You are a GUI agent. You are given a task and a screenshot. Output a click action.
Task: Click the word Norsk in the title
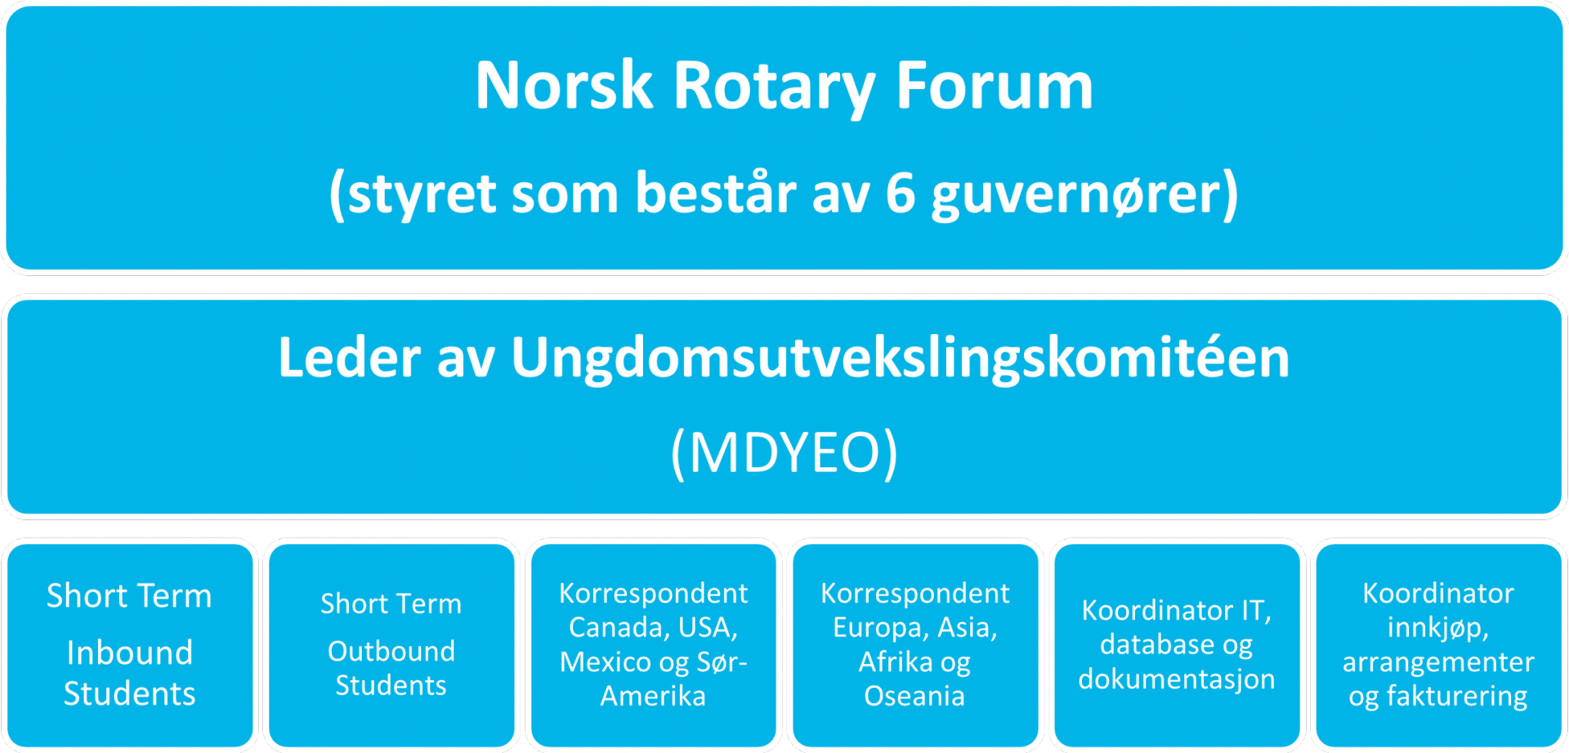pyautogui.click(x=564, y=85)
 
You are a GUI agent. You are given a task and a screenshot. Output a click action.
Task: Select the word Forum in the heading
pyautogui.click(x=995, y=85)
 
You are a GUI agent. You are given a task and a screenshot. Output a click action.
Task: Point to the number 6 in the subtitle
pyautogui.click(x=900, y=194)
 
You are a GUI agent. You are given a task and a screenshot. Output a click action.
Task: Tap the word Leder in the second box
pyautogui.click(x=349, y=357)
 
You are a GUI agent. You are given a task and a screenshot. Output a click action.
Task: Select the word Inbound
pyautogui.click(x=130, y=653)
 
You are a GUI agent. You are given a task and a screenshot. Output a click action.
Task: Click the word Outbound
pyautogui.click(x=391, y=651)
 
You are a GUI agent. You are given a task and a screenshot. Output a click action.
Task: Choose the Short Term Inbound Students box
pyautogui.click(x=130, y=645)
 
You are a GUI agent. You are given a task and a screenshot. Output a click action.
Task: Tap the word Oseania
pyautogui.click(x=914, y=696)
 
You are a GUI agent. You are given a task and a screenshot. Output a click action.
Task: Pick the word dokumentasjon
pyautogui.click(x=1177, y=679)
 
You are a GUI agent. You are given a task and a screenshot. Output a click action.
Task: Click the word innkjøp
pyautogui.click(x=1438, y=628)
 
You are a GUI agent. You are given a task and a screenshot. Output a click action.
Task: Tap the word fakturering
pyautogui.click(x=1457, y=697)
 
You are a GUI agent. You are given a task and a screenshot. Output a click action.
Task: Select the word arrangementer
pyautogui.click(x=1438, y=662)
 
